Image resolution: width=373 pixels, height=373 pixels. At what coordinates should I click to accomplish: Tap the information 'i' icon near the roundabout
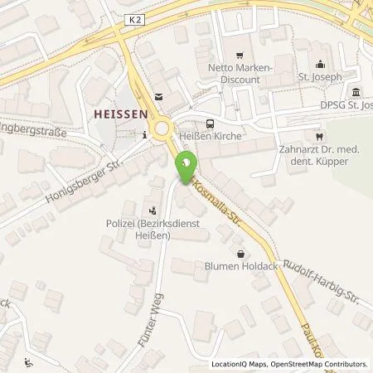click(144, 134)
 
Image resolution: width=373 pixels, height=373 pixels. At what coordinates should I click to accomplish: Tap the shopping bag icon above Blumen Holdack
click(240, 254)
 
